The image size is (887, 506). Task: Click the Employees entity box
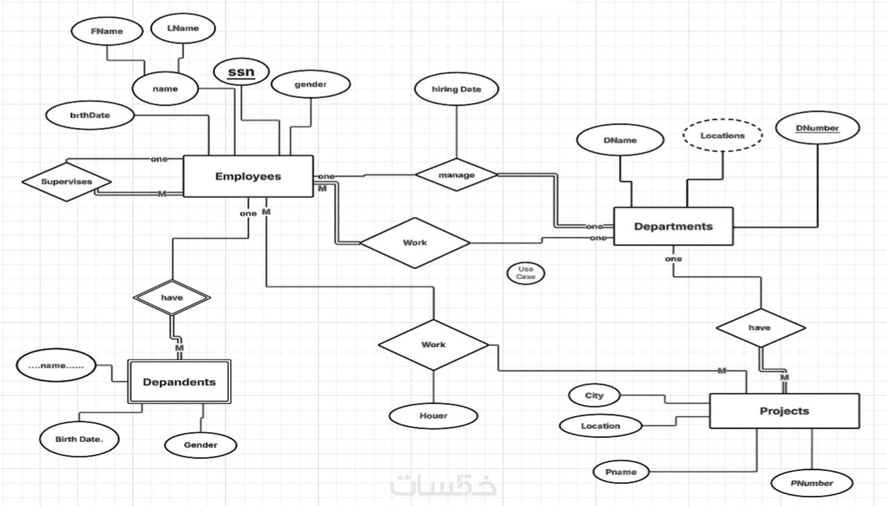248,176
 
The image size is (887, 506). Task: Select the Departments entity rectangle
673,226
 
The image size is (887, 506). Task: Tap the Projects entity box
784,411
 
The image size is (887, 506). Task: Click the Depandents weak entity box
179,382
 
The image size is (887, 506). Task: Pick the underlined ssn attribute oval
241,72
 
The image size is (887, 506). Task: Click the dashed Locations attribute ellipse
722,136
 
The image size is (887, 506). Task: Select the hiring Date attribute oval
456,89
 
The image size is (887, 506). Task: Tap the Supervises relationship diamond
66,182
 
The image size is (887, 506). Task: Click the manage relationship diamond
456,175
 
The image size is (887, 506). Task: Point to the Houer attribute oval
433,416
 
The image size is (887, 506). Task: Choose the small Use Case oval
525,273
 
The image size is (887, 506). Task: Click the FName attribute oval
106,31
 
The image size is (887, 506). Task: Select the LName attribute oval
183,28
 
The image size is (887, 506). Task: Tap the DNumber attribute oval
817,128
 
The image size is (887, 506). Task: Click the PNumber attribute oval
811,483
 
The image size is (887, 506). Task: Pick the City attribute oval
594,395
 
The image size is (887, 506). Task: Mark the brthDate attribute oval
90,115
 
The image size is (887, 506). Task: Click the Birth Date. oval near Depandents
79,439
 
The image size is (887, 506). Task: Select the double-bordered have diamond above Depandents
172,298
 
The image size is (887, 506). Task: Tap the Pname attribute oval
620,472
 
